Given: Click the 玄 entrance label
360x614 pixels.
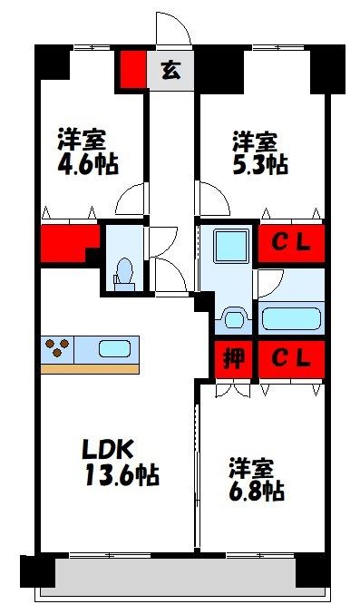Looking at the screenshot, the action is pyautogui.click(x=171, y=71).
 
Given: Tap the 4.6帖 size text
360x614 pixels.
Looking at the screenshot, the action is pyautogui.click(x=88, y=166).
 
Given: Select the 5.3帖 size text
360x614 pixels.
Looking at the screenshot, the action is pyautogui.click(x=259, y=166).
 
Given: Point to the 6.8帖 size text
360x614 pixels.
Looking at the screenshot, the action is pyautogui.click(x=257, y=490).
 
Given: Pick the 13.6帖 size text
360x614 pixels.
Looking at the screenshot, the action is pyautogui.click(x=122, y=474).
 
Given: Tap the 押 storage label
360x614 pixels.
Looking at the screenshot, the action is pyautogui.click(x=234, y=358).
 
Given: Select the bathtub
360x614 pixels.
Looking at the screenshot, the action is pyautogui.click(x=291, y=318).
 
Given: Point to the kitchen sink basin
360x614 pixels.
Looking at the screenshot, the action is pyautogui.click(x=114, y=348).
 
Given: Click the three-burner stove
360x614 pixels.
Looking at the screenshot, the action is pyautogui.click(x=57, y=348).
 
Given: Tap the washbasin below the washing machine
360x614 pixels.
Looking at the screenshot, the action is pyautogui.click(x=235, y=319).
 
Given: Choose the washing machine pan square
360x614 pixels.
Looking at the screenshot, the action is pyautogui.click(x=231, y=246).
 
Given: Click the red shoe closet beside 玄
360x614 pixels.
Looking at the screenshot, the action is pyautogui.click(x=132, y=70).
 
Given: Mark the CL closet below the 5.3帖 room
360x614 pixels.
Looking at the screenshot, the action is pyautogui.click(x=291, y=243).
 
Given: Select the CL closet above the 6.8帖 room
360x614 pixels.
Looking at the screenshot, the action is pyautogui.click(x=291, y=358).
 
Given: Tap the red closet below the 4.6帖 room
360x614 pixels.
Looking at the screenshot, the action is pyautogui.click(x=69, y=242).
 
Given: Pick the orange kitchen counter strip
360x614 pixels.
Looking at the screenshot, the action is pyautogui.click(x=90, y=369).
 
